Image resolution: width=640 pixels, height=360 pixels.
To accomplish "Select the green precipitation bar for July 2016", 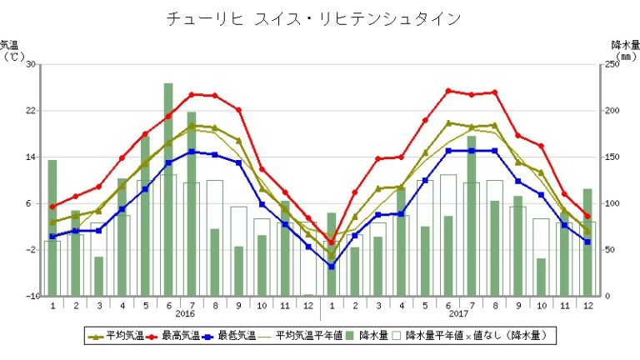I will [192, 203].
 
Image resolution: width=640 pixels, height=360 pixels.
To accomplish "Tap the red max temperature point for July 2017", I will [472, 95].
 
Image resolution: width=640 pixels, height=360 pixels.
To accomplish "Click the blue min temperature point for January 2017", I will [331, 267].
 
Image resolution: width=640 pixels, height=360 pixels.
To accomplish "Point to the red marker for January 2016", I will [52, 207].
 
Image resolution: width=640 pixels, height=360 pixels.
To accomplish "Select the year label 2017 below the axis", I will [459, 314].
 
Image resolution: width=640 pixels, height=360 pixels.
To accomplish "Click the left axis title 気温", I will [10, 45].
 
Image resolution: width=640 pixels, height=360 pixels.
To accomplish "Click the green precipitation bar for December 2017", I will [587, 242].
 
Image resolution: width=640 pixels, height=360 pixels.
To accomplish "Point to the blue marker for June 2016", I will [168, 162].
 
